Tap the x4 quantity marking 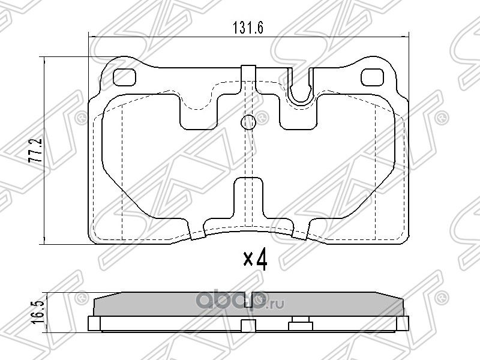click(x=254, y=260)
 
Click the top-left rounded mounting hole click(x=125, y=76)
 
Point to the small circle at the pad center click(x=248, y=122)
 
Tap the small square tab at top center click(x=248, y=71)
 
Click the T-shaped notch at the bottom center click(x=248, y=198)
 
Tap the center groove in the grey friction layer click(x=258, y=299)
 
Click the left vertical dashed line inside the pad click(x=122, y=174)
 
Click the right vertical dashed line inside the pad click(x=374, y=174)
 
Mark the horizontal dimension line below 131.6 click(x=180, y=38)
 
